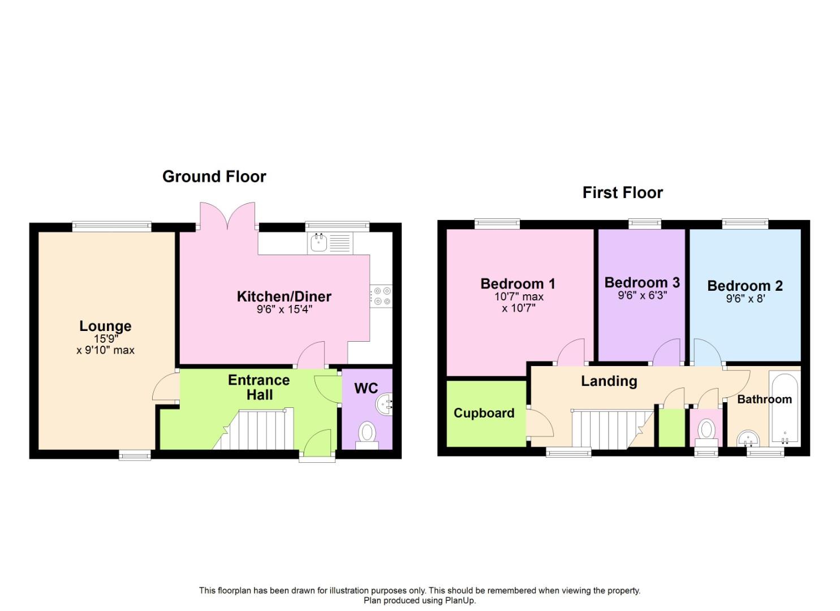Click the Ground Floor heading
pyautogui.click(x=214, y=177)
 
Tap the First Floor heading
pyautogui.click(x=622, y=193)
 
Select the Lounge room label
pyautogui.click(x=105, y=326)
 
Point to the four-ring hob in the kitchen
pyautogui.click(x=381, y=296)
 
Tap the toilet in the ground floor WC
pyautogui.click(x=367, y=436)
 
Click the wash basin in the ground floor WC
pyautogui.click(x=384, y=404)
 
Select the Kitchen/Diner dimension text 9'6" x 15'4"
pyautogui.click(x=285, y=310)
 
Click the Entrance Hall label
pyautogui.click(x=259, y=388)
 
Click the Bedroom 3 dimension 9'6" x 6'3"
pyautogui.click(x=643, y=295)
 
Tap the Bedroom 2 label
pyautogui.click(x=745, y=286)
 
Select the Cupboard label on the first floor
pyautogui.click(x=484, y=413)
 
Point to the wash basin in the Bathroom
pyautogui.click(x=748, y=438)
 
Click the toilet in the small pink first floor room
pyautogui.click(x=707, y=432)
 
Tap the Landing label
pyautogui.click(x=609, y=381)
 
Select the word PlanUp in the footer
pyautogui.click(x=460, y=600)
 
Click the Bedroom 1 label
pyautogui.click(x=518, y=283)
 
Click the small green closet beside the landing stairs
pyautogui.click(x=672, y=428)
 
